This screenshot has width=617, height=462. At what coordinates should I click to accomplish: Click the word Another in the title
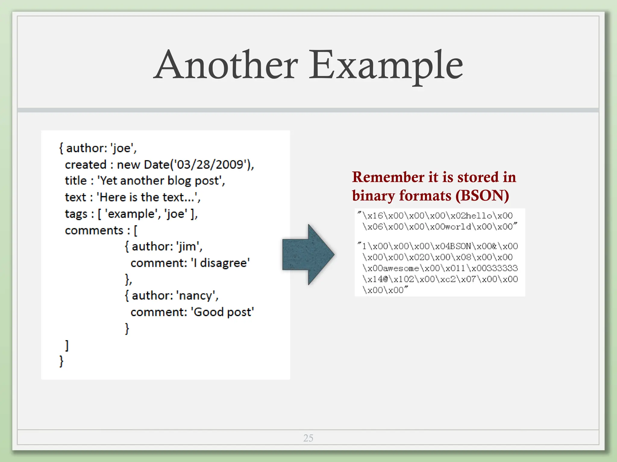226,65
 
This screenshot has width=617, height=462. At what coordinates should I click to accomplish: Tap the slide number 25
308,438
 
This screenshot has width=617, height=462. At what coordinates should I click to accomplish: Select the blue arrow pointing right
308,254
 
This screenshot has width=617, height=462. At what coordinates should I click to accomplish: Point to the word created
86,165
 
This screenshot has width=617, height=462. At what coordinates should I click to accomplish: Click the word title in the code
76,181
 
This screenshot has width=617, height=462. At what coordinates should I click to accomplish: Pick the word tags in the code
76,214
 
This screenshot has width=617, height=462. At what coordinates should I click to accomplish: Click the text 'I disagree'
220,263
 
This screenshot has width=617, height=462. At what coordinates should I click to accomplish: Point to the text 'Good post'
223,312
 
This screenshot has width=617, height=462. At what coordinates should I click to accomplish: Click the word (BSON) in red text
482,196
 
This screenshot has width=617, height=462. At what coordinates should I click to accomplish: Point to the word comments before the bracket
94,230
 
